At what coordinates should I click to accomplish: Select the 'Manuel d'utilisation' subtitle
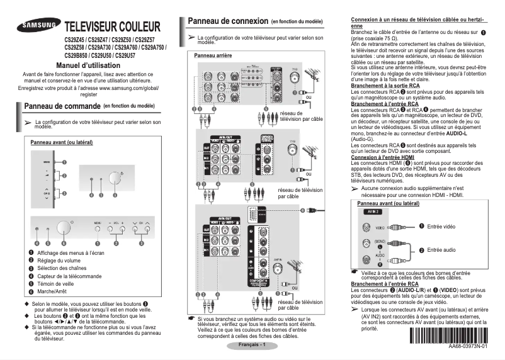pyautogui.click(x=88, y=65)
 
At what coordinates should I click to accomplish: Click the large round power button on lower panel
pyautogui.click(x=63, y=228)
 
